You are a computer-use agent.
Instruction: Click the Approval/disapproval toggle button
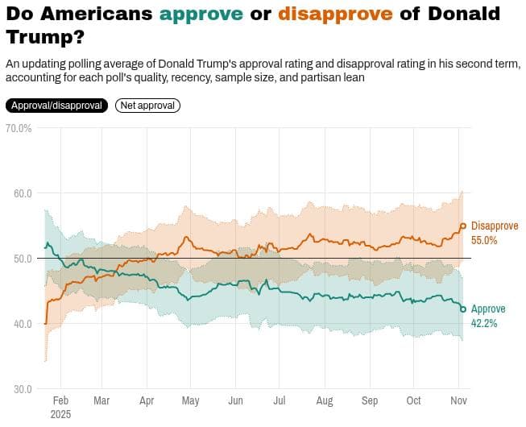(x=56, y=106)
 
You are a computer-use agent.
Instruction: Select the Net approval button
(x=147, y=106)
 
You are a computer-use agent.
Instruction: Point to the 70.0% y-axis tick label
(x=18, y=128)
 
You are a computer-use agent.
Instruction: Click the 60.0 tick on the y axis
(x=22, y=193)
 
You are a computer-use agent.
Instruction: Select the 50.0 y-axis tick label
(x=22, y=259)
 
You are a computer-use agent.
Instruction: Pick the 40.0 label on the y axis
(x=22, y=324)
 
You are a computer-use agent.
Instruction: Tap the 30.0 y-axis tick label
(x=22, y=389)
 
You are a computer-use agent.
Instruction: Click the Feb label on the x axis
(x=60, y=400)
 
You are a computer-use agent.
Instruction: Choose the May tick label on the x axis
(x=191, y=400)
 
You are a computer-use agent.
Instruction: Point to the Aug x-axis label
(x=324, y=400)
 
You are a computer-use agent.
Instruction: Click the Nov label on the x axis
(x=458, y=400)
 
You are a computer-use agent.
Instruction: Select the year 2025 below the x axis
(x=60, y=414)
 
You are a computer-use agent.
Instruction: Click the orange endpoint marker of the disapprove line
(x=463, y=226)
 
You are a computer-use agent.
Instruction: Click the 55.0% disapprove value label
(x=485, y=240)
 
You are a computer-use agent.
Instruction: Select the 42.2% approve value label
(x=484, y=323)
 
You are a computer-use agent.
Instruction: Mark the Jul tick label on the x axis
(x=280, y=400)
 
